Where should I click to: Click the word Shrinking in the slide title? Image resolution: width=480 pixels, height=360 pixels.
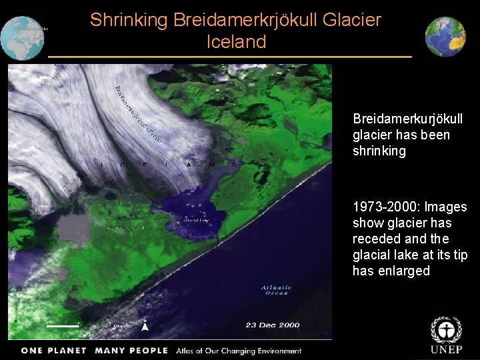point(129,20)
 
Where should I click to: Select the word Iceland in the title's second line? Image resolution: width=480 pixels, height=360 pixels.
point(236,42)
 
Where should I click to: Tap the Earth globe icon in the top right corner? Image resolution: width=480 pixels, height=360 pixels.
point(445,37)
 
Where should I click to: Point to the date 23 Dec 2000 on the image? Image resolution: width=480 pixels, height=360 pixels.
point(272,325)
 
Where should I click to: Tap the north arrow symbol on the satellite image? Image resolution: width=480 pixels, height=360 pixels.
point(145,326)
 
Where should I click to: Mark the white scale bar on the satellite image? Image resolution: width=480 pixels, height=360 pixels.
point(63,326)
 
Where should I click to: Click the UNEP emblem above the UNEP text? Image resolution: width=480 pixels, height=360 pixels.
point(445,330)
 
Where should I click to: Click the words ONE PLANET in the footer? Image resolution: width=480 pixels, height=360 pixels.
point(53,351)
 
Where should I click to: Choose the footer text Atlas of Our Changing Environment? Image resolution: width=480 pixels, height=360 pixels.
point(239,351)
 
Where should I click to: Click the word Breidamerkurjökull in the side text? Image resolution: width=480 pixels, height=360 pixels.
point(407,119)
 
